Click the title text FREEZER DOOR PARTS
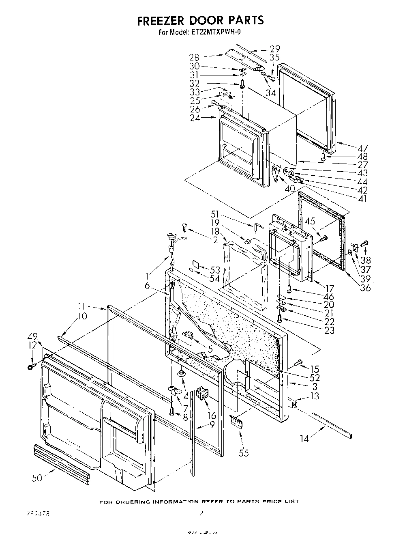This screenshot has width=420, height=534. tap(200, 20)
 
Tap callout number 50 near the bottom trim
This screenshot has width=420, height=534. tap(37, 478)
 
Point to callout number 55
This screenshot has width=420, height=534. tap(243, 453)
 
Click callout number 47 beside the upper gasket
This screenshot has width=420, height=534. tap(360, 148)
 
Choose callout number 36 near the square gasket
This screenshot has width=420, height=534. tap(365, 288)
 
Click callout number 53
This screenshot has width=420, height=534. tap(215, 270)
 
